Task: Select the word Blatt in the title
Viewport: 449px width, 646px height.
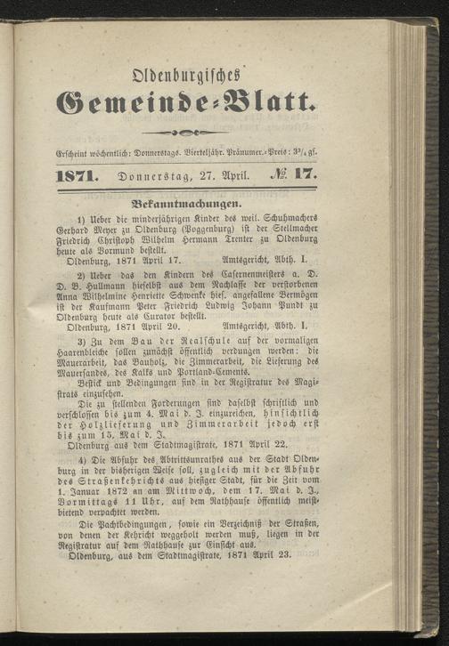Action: pos(274,106)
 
